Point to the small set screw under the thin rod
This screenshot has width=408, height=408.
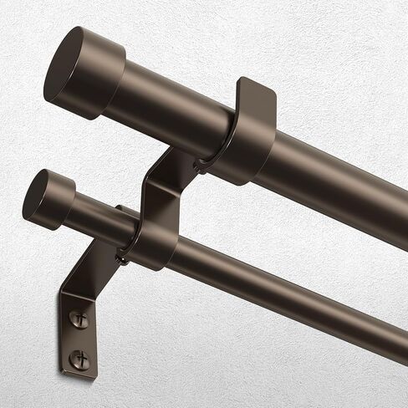point(122,258)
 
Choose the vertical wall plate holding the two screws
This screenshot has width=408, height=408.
point(79,334)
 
